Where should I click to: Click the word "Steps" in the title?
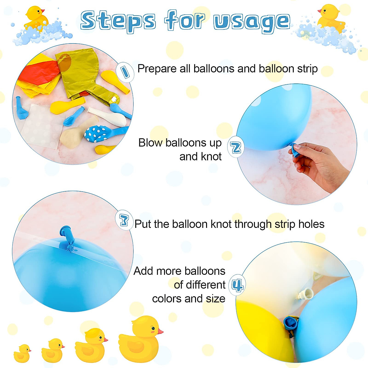click(x=118, y=21)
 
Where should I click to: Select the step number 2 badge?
click(x=236, y=148)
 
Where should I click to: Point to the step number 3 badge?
click(x=124, y=220)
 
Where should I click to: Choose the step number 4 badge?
click(x=237, y=285)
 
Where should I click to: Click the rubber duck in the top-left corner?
click(x=36, y=18)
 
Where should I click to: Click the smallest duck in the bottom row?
click(x=22, y=354)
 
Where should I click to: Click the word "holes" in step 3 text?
click(x=311, y=224)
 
